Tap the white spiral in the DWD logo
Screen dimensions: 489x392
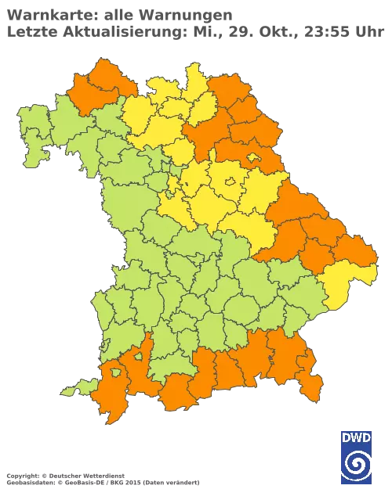[357, 464]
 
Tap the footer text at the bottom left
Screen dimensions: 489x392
[63, 475]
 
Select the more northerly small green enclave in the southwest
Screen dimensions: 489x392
[136, 357]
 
